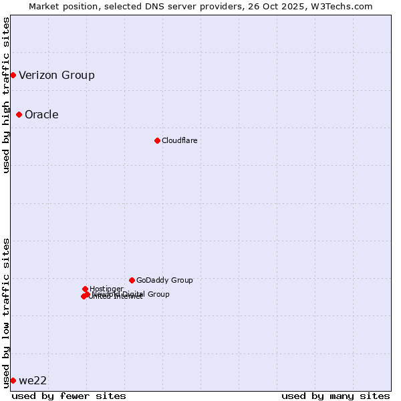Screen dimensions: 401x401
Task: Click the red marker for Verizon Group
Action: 13,75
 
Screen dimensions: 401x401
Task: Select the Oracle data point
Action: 19,114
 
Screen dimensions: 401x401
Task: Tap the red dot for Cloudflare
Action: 157,140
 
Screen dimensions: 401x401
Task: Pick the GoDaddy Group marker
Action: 132,280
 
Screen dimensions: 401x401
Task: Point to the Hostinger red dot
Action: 85,289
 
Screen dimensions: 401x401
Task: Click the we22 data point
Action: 13,380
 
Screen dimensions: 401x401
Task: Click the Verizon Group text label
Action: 57,75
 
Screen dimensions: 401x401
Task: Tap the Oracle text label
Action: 41,114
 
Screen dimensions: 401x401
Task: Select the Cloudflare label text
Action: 179,140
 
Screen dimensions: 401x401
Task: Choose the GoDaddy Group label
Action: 164,280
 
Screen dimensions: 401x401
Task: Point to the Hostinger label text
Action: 106,289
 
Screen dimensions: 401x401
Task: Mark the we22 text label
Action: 33,380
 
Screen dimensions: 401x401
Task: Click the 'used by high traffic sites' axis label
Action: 7,95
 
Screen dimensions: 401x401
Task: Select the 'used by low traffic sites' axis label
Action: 7,312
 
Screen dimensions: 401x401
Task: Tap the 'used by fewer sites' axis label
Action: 69,396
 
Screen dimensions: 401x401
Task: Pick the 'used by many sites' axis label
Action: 336,396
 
